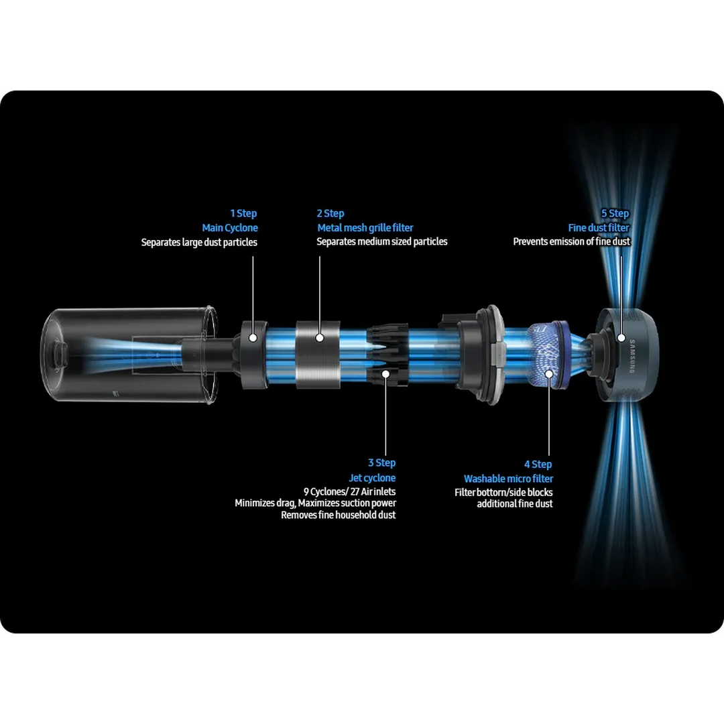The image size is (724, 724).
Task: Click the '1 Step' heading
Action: (x=243, y=213)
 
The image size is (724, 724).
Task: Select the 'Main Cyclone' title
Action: (x=230, y=228)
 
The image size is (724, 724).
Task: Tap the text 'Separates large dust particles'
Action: (x=199, y=242)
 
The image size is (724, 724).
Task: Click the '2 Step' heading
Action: (x=330, y=213)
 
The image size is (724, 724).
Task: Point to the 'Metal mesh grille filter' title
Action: (x=365, y=228)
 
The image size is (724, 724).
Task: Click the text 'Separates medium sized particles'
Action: (x=382, y=241)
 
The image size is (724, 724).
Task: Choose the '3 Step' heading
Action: (x=382, y=463)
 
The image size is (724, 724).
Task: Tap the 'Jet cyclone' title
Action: (x=372, y=478)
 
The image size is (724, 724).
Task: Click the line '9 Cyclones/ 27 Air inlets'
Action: (x=349, y=491)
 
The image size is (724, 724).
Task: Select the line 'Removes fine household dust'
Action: (x=339, y=515)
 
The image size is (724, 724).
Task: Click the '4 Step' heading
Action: (x=538, y=464)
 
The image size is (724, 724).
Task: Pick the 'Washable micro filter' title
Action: (x=508, y=479)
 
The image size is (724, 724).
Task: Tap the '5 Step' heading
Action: (x=615, y=213)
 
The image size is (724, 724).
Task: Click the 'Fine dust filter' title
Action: (x=599, y=228)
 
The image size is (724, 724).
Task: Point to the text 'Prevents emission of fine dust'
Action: (x=572, y=241)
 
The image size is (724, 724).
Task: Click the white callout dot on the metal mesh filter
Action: (x=320, y=338)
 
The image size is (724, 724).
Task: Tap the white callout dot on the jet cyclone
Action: (x=385, y=373)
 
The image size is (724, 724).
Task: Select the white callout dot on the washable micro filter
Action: (x=549, y=374)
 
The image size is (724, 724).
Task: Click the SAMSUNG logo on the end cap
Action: (x=632, y=356)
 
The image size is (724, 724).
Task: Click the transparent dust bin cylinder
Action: (x=129, y=355)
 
